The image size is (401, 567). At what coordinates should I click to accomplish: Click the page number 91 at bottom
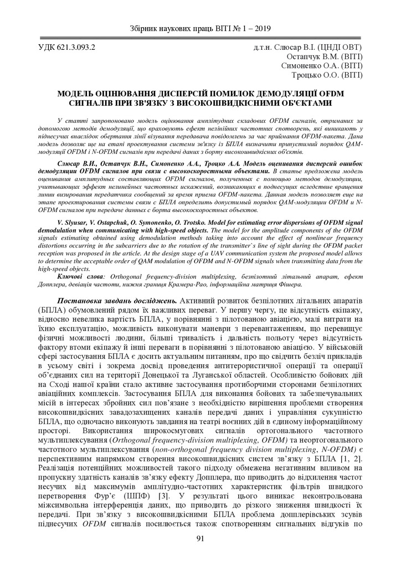point(200,537)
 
